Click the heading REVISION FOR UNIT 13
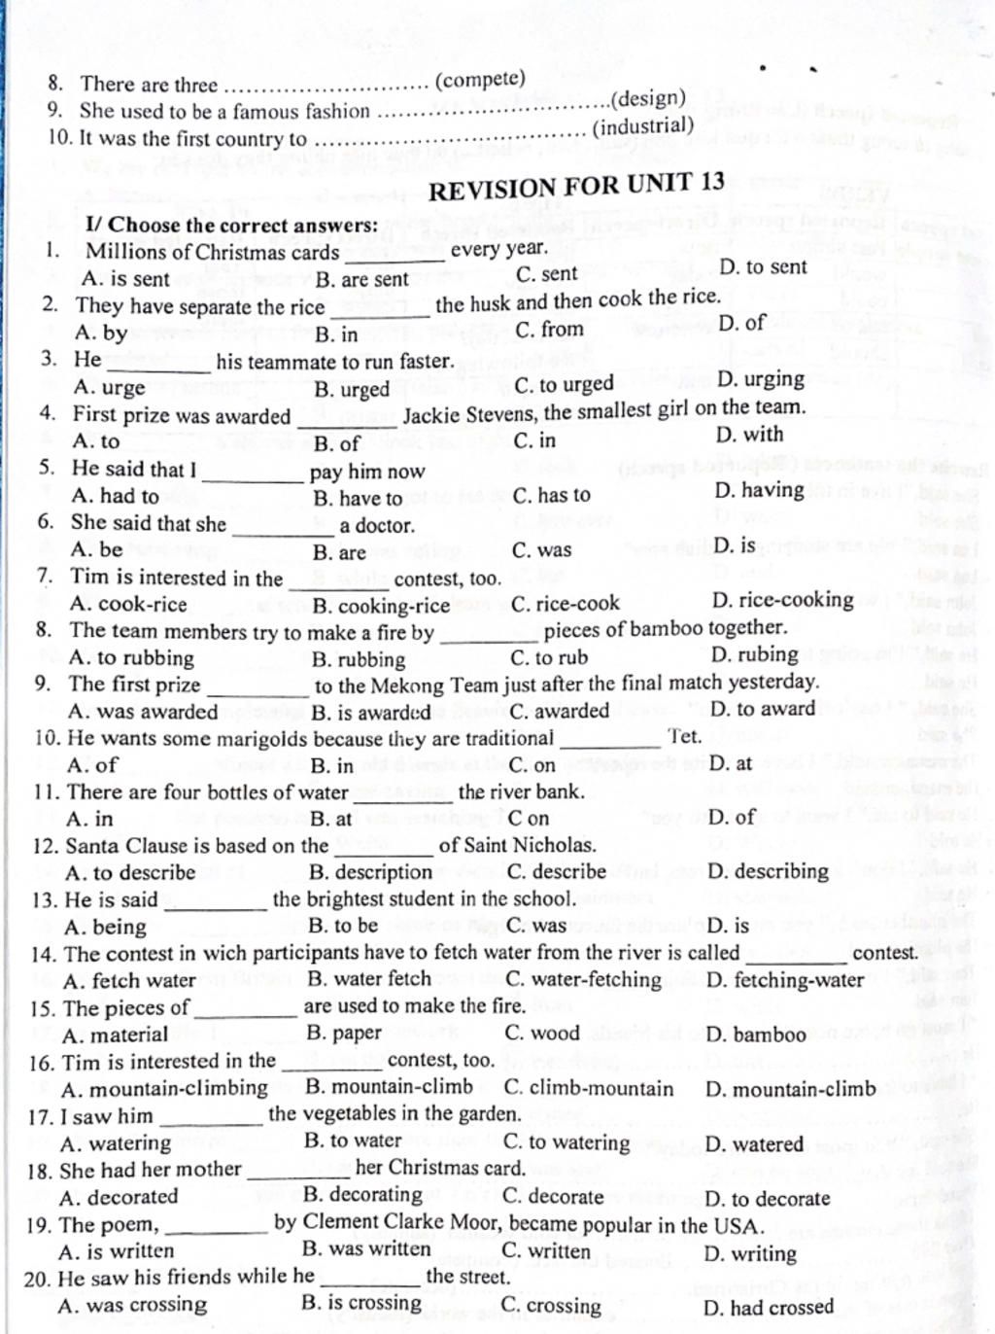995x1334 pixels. point(576,185)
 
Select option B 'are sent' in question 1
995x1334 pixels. point(361,279)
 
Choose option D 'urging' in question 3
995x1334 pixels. point(761,378)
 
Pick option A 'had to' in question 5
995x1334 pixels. point(115,496)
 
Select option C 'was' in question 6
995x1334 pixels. point(541,550)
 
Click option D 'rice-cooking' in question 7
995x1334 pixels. point(782,600)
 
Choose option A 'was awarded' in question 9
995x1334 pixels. point(143,712)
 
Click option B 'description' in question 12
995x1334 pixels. point(370,872)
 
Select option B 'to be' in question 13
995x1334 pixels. point(342,926)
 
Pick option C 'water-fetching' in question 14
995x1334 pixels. point(583,979)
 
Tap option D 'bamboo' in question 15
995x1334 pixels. point(755,1035)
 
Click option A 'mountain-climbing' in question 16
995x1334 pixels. point(163,1089)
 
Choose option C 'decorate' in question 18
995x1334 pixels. point(553,1197)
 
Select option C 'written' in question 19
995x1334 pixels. point(546,1250)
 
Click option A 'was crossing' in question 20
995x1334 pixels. point(132,1305)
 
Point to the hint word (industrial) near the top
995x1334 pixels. point(643,127)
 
